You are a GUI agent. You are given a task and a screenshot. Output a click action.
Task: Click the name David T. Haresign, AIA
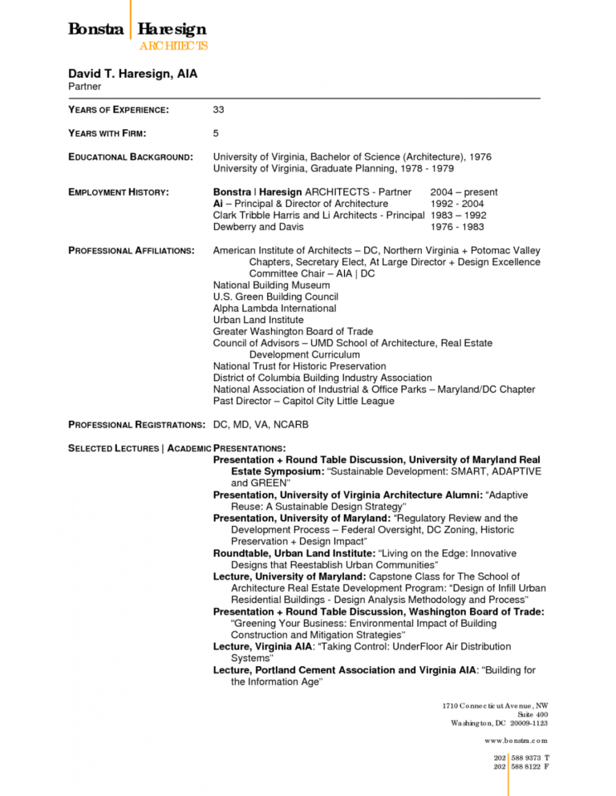[x=132, y=74]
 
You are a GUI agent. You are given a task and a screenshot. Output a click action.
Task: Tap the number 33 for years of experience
[x=219, y=109]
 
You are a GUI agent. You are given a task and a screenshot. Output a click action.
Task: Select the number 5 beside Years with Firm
[x=216, y=133]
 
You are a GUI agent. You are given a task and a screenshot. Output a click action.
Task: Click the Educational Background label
[x=130, y=157]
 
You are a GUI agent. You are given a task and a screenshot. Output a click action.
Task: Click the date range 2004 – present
[x=464, y=192]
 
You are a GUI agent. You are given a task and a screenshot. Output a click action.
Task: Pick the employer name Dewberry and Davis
[x=257, y=227]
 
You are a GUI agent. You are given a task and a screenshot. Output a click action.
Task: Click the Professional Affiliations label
[x=132, y=251]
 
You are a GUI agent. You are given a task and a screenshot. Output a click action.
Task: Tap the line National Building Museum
[x=271, y=285]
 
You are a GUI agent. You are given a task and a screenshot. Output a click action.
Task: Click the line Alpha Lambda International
[x=274, y=309]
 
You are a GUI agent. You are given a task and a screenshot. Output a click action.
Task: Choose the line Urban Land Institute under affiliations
[x=258, y=320]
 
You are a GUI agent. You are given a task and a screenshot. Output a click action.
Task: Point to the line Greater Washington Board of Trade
[x=293, y=332]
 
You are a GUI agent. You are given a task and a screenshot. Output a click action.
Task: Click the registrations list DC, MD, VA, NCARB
[x=261, y=424]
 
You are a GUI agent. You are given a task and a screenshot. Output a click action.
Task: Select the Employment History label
[x=118, y=192]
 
